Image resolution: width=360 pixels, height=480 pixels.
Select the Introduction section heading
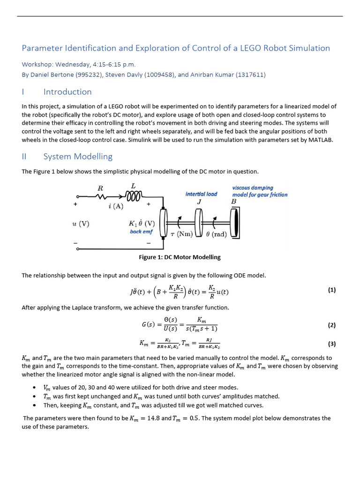[67, 92]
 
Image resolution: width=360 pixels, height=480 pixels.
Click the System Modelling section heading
[78, 157]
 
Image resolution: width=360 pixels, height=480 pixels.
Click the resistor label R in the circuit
[99, 188]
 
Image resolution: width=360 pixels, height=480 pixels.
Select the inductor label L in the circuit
[133, 186]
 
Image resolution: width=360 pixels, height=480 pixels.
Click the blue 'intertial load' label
[201, 194]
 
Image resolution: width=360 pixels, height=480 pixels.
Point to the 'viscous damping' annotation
[253, 187]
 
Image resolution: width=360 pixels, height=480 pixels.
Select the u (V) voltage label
[81, 224]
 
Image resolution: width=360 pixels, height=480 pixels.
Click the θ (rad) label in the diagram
[216, 234]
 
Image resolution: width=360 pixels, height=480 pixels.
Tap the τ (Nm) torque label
[181, 234]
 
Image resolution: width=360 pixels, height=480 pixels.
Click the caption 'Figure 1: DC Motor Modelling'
[180, 257]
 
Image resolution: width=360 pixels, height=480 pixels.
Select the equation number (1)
[331, 290]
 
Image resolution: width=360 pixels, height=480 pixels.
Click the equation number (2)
[331, 325]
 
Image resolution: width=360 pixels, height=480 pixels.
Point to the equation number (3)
[331, 344]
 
